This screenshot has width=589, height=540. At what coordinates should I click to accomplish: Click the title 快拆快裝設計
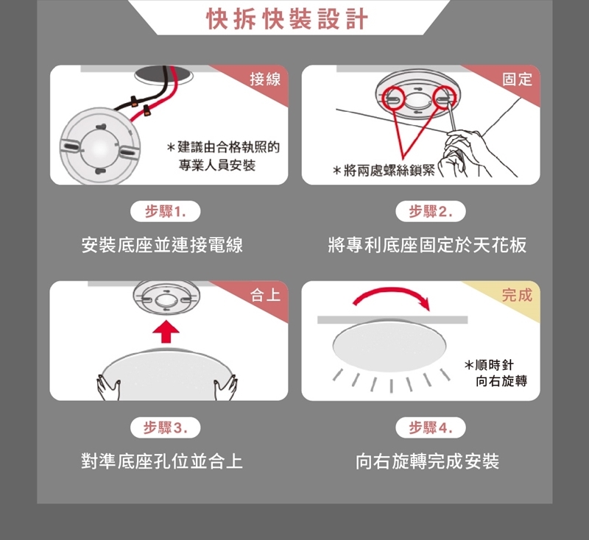[287, 18]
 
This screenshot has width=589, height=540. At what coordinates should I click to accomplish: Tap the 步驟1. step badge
[165, 212]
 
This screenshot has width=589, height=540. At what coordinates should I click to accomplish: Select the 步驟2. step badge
[431, 212]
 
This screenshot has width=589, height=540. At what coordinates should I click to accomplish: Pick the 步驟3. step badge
[165, 427]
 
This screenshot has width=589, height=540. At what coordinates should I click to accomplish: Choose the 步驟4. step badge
[431, 427]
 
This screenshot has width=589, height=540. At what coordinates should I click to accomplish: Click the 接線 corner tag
[265, 79]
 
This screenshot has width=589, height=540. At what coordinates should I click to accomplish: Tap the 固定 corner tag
[518, 79]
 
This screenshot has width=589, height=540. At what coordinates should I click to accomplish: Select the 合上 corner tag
[265, 295]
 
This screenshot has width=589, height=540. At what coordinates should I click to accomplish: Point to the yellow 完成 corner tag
[518, 295]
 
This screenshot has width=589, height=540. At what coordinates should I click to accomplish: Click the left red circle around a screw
[393, 98]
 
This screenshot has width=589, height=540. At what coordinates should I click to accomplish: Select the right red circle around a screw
[445, 98]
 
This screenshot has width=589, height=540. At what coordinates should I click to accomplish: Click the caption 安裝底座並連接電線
[162, 245]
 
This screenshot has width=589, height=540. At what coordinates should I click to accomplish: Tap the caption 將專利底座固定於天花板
[428, 245]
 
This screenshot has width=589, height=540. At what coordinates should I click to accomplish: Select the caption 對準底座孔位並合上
[162, 461]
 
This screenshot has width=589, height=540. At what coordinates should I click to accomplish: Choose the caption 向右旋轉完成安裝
[428, 461]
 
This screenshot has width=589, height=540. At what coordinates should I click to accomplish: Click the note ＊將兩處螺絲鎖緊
[384, 171]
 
